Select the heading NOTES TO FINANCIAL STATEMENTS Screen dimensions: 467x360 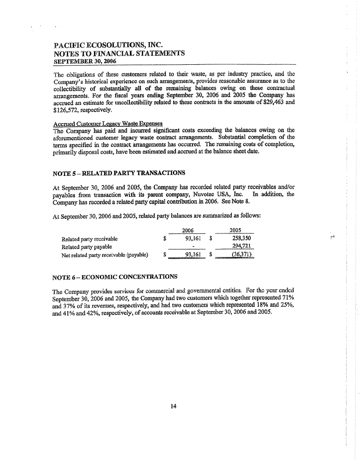(x=119, y=54)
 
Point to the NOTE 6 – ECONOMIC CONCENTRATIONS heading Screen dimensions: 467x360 (x=114, y=277)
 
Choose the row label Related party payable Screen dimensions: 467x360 (x=87, y=247)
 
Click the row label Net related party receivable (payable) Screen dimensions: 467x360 (x=105, y=255)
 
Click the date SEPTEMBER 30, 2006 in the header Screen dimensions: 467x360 (x=82, y=61)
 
